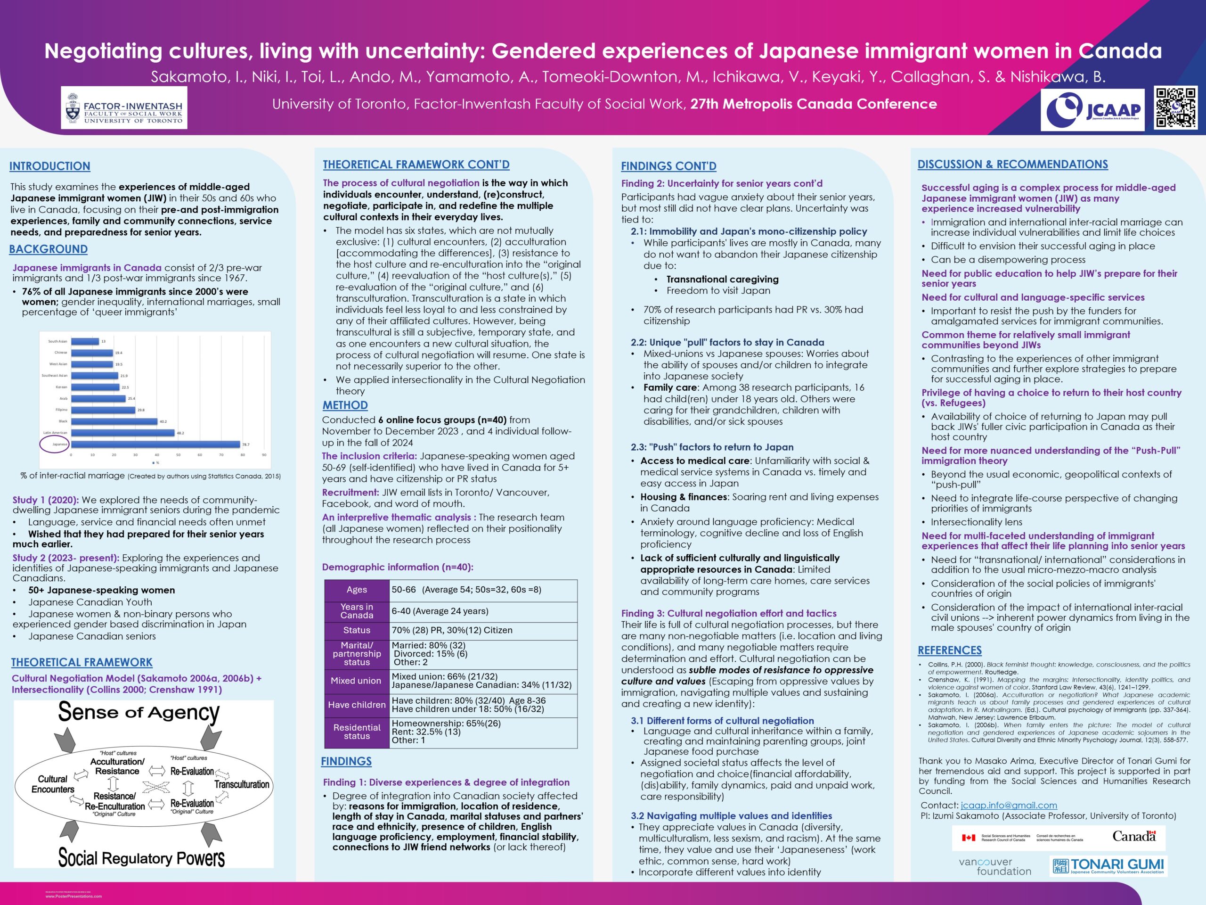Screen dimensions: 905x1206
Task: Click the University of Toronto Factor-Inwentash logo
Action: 124,108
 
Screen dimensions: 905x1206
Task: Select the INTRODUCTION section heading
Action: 49,166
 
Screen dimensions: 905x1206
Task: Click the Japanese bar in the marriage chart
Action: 155,444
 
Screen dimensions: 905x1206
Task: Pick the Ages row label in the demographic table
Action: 357,590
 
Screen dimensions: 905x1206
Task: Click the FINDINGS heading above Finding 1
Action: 346,762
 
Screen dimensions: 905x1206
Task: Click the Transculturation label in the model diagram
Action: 242,784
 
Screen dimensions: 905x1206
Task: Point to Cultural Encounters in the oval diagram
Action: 53,784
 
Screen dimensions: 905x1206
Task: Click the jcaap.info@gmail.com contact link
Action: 1009,805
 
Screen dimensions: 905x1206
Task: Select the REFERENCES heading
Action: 949,650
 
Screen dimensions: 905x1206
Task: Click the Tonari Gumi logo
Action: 1108,866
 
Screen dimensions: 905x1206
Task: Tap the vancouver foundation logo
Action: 994,866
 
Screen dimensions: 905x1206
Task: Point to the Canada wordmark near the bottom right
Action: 1134,836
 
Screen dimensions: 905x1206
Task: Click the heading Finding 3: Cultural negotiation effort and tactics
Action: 728,613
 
